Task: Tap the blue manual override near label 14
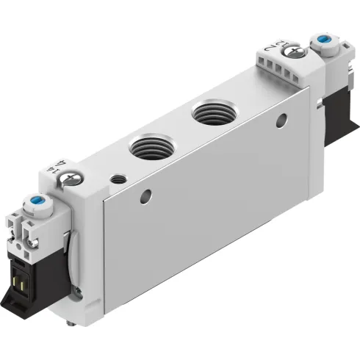[33, 199]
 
